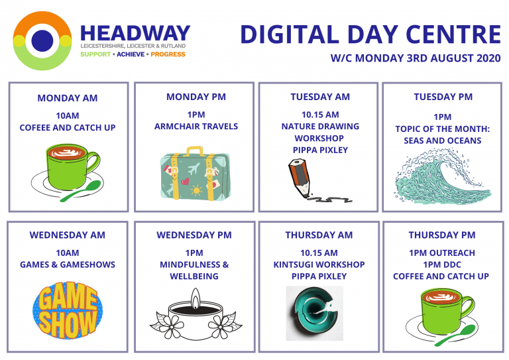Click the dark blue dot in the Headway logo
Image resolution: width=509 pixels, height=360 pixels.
point(42,40)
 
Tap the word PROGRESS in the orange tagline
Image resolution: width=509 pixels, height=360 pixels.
point(168,54)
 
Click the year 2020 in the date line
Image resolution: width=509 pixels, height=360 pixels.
point(488,58)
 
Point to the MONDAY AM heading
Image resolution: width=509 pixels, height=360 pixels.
point(68,98)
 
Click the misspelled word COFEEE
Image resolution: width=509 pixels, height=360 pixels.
point(34,127)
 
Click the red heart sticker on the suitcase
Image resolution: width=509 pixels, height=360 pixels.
point(185,181)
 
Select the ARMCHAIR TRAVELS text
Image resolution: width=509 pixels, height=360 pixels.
point(196,126)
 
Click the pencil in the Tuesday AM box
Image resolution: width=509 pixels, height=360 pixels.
point(300,177)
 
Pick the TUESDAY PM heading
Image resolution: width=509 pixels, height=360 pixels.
point(443,97)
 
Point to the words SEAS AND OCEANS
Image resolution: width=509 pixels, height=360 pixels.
point(443,141)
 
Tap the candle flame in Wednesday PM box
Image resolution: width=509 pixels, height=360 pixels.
point(195,298)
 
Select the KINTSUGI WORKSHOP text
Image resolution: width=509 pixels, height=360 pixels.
point(319,265)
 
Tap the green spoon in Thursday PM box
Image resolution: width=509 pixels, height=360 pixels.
point(455,335)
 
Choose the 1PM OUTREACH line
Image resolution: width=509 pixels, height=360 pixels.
point(442,253)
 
